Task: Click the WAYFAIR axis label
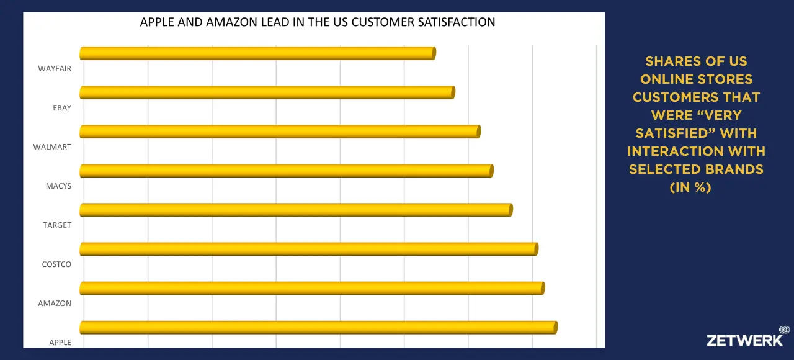(55, 69)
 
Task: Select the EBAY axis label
(62, 108)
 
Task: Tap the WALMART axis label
(52, 147)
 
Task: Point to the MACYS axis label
(58, 186)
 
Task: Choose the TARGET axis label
(57, 225)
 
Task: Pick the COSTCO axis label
(56, 264)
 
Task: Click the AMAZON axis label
(55, 304)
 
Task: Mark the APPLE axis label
(60, 343)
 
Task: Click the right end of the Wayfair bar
(434, 53)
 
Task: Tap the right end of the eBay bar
(453, 92)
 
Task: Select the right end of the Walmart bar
(478, 132)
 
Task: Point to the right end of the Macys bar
(491, 171)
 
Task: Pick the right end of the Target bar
(511, 210)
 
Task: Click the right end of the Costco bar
(536, 249)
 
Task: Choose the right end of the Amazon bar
(543, 288)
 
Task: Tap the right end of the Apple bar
(555, 327)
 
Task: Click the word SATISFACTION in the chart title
(455, 22)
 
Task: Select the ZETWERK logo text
(744, 340)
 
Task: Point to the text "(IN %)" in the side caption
(690, 187)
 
